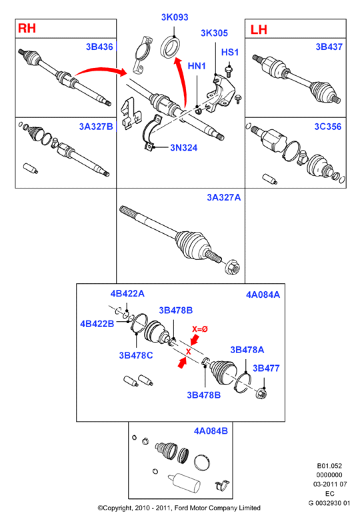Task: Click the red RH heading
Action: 27,28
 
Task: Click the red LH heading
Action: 258,29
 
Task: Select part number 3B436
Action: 99,47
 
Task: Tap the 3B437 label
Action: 329,47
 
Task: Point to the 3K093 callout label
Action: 175,17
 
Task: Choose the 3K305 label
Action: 214,33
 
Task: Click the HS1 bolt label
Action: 230,53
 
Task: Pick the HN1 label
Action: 197,66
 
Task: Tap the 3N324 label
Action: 183,147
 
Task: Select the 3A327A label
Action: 224,197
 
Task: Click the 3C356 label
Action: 328,127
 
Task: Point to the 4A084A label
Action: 263,294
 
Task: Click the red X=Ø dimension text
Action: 200,329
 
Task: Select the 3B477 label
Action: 266,368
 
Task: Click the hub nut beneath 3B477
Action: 262,394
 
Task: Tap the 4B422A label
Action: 127,294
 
